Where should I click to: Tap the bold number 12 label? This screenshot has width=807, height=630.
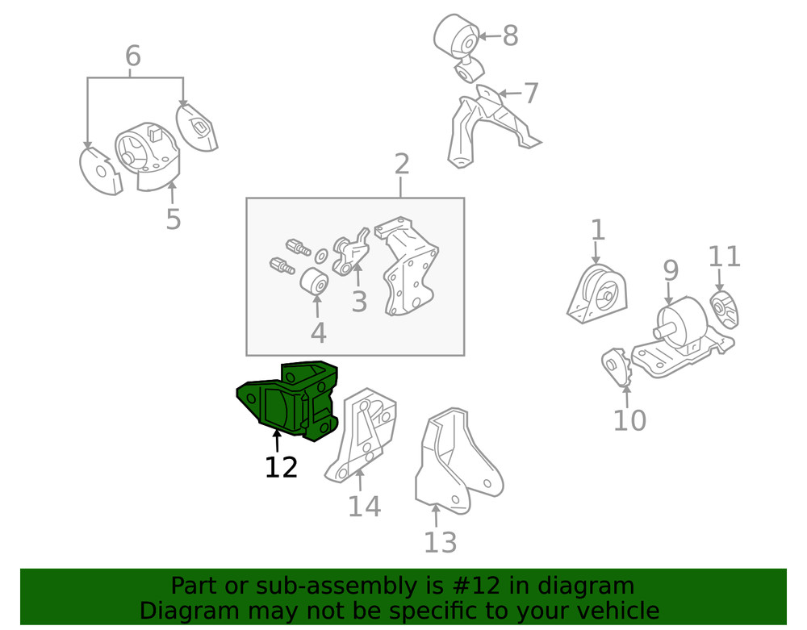click(281, 468)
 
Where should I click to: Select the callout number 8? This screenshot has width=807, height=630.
click(510, 36)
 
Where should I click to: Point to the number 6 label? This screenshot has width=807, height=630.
click(133, 56)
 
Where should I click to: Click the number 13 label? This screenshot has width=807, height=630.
click(440, 543)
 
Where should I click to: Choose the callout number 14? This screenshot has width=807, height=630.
click(365, 507)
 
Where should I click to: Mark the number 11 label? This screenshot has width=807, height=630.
click(724, 257)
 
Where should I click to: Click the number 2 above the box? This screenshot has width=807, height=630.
click(402, 164)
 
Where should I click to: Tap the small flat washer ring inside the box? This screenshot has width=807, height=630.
click(322, 255)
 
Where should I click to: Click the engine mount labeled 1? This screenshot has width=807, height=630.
click(597, 294)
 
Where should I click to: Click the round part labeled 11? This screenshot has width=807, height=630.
click(725, 310)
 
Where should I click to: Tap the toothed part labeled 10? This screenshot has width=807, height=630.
click(616, 367)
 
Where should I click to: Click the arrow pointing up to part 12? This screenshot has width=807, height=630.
click(277, 441)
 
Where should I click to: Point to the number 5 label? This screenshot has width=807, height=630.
click(174, 219)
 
